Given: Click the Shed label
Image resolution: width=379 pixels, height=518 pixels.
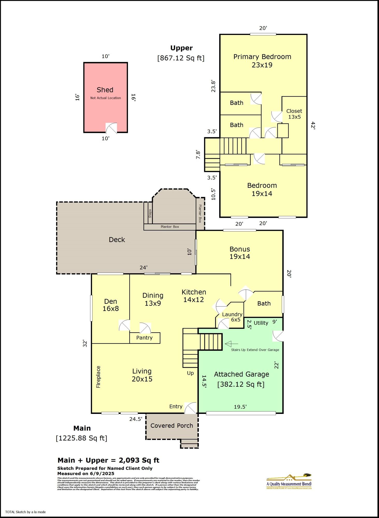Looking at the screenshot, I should [x=105, y=90].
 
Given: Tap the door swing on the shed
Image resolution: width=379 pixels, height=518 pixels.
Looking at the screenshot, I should [x=111, y=128].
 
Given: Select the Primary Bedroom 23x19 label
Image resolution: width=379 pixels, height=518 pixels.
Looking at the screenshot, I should [x=262, y=61].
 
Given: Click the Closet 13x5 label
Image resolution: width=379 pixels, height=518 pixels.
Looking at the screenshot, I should [x=294, y=114].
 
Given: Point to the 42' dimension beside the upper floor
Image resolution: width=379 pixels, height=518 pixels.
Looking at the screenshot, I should [x=313, y=125].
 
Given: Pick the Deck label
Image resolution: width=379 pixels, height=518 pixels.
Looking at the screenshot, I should [x=117, y=240].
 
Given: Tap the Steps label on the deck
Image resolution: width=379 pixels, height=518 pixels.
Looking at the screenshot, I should [x=150, y=213].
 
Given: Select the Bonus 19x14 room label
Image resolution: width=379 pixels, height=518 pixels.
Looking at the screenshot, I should [x=240, y=253].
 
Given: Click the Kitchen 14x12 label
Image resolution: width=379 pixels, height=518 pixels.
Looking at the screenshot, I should [x=194, y=296].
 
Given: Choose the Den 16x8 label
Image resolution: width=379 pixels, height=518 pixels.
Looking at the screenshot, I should [x=111, y=305].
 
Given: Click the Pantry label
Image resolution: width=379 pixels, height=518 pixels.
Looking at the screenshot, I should [x=144, y=338].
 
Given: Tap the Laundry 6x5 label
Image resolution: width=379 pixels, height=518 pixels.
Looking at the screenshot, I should [x=232, y=317].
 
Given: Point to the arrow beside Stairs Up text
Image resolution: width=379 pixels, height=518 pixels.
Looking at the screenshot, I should [x=231, y=344].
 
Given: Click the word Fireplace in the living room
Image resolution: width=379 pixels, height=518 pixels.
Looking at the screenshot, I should [x=98, y=377].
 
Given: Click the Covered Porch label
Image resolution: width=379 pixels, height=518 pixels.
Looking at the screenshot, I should [x=171, y=426].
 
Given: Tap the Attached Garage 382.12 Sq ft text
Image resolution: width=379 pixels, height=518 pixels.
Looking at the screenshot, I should [x=241, y=379].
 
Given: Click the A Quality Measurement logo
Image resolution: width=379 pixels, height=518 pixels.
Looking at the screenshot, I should [x=289, y=482].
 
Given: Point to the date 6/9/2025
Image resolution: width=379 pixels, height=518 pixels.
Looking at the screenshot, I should [x=102, y=473].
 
